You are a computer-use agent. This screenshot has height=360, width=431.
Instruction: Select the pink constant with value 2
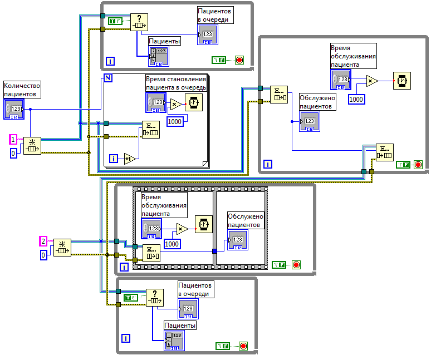pos(43,241)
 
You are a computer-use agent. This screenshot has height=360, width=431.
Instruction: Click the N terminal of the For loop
pos(109,77)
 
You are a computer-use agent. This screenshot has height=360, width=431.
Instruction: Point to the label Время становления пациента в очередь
pos(176,83)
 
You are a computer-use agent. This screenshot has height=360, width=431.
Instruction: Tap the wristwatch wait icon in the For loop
pos(194,102)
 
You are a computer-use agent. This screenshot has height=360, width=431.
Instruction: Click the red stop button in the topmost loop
pos(239,60)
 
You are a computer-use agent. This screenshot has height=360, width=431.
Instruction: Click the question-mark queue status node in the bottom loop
pos(155,297)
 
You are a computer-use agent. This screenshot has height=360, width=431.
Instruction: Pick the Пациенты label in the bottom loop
pos(180,326)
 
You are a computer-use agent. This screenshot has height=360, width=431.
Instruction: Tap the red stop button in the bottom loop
pos(243,346)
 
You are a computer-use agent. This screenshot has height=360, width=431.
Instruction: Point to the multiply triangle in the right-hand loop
pos(371,81)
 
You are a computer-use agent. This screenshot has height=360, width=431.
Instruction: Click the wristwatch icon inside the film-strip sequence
pos(203,224)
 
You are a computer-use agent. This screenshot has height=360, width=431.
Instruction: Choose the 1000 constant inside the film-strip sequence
pos(172,244)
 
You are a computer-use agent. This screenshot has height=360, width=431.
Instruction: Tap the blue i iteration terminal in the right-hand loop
pos(268,164)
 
